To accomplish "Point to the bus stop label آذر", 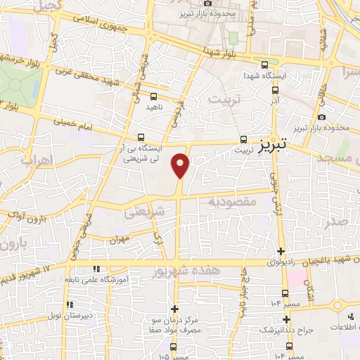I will tap(275, 101).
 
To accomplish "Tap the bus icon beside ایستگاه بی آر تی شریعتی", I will tap(141, 138).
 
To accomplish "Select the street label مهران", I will tap(122, 240).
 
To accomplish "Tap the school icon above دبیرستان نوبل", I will tap(70, 304).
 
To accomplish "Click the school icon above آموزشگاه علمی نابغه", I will tap(96, 269).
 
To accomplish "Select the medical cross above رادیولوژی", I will tap(281, 251).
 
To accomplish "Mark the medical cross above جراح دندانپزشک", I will tap(285, 319).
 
